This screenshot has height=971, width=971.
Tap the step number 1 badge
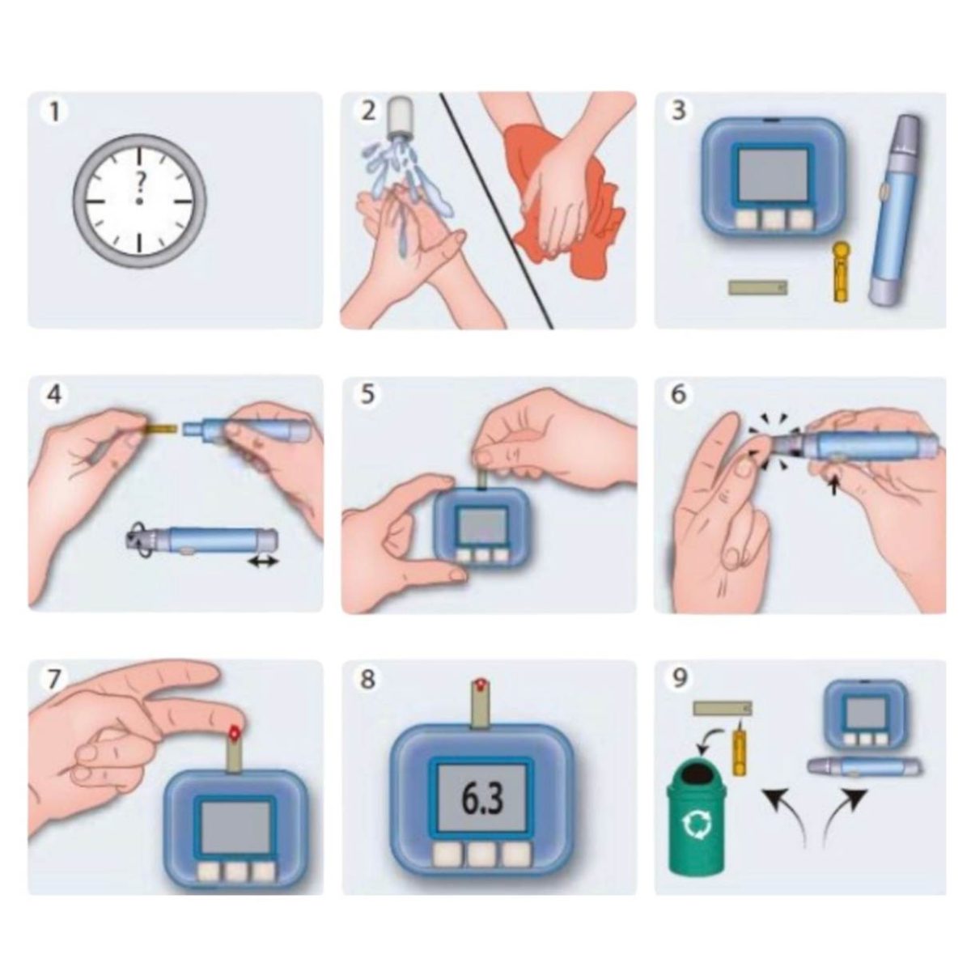click(54, 112)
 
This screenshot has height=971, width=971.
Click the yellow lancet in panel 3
click(839, 272)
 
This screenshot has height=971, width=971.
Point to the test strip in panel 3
click(758, 287)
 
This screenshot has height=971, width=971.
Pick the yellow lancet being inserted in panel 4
click(159, 429)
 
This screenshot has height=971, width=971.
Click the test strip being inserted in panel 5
click(481, 479)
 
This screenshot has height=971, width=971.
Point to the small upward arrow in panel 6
click(835, 485)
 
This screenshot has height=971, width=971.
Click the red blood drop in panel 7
click(234, 731)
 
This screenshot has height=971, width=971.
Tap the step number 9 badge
click(680, 679)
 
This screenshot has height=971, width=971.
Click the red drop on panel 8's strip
click(482, 685)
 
